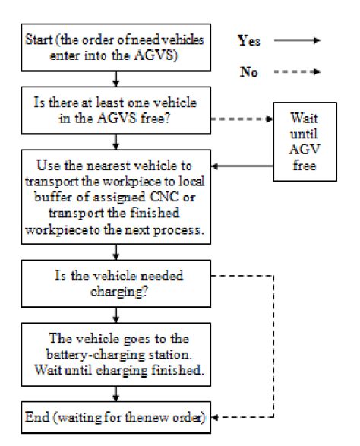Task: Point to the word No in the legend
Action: coord(256,72)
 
